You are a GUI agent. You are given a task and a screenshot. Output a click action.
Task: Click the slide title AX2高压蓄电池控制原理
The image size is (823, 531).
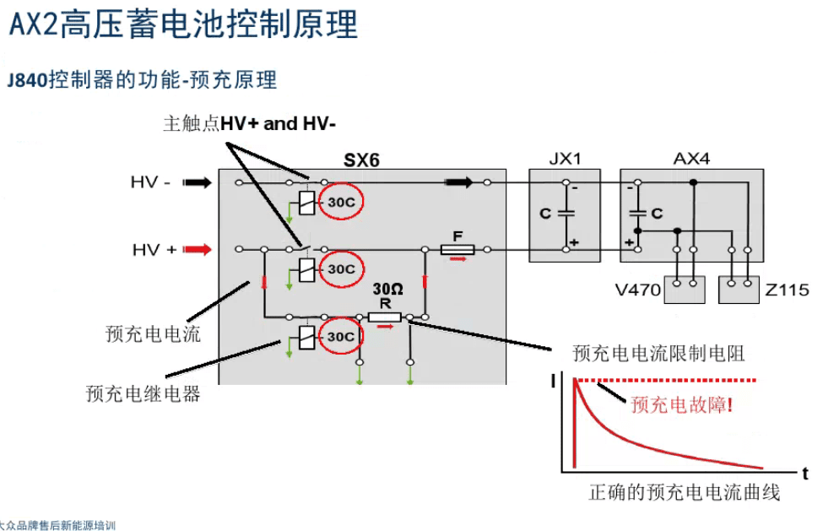point(182,24)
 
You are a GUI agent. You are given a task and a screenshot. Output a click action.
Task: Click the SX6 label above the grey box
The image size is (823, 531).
point(361,159)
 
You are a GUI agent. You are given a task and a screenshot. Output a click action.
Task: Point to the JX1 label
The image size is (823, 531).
point(564,158)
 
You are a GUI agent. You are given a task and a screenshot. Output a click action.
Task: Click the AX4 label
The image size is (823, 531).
point(691,158)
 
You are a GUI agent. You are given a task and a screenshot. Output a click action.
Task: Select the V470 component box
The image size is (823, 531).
point(684,290)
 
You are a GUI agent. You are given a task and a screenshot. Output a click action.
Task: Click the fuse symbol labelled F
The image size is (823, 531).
point(458,249)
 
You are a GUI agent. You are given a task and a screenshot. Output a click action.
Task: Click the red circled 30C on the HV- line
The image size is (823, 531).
point(341,202)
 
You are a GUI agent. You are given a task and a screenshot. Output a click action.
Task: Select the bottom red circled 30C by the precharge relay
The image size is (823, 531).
point(341,337)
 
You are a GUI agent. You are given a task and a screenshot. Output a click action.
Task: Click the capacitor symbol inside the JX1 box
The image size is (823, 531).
point(566,213)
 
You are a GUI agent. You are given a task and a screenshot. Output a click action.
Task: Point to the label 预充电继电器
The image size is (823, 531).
point(143,393)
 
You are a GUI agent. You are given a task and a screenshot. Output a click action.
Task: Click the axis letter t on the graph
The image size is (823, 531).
point(805,472)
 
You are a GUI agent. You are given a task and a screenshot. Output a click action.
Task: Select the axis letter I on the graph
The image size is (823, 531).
point(553,382)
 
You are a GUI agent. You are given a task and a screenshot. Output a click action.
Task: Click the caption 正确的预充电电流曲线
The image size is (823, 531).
point(684,493)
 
